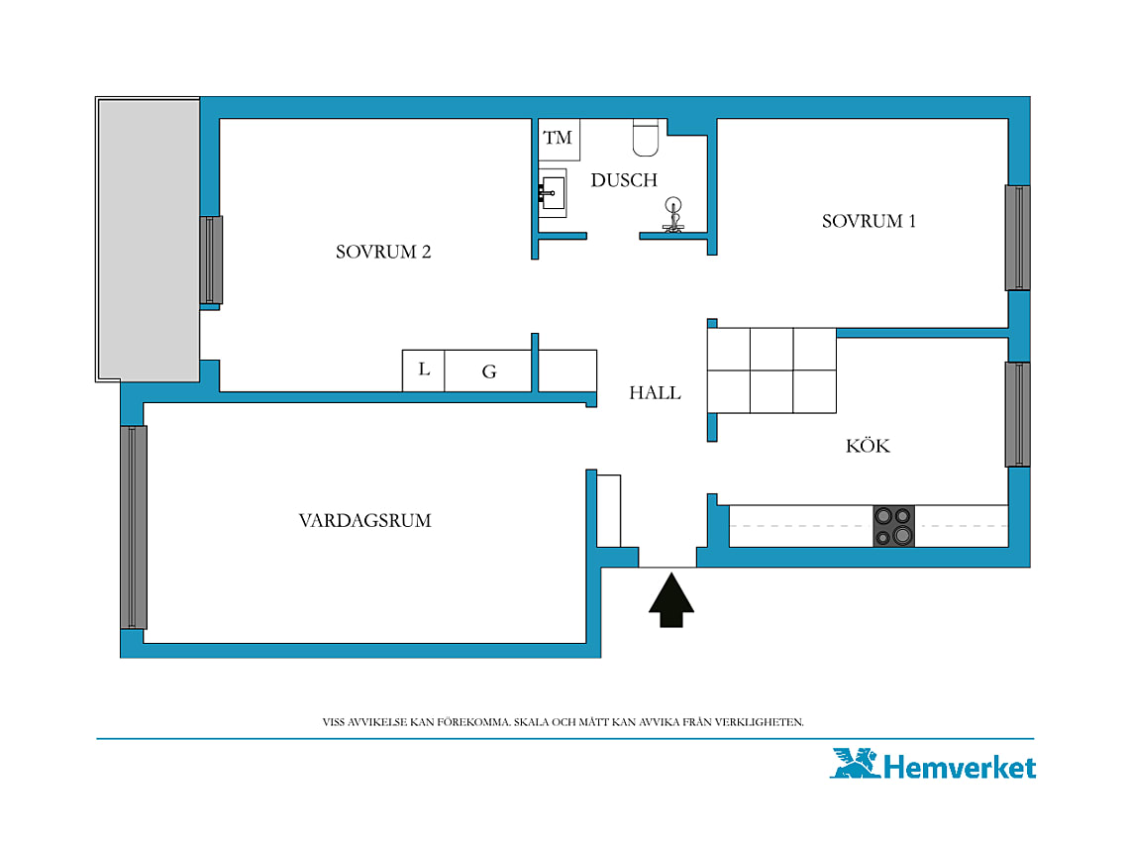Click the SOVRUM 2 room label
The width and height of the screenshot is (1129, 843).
click(383, 252)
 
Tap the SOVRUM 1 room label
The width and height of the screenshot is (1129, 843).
click(869, 221)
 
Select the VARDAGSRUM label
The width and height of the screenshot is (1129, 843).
click(365, 520)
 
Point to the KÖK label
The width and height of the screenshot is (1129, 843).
click(868, 446)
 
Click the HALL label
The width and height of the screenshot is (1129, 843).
click(655, 392)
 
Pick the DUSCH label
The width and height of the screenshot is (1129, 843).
click(624, 180)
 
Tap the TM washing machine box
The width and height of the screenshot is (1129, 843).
click(559, 139)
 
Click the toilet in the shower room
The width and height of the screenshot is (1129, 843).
click(646, 138)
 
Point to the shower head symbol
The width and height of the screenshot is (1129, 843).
click(673, 215)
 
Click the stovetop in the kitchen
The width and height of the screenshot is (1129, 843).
click(893, 525)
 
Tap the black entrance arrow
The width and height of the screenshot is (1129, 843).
click(671, 599)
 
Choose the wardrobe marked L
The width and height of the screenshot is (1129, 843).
click(424, 370)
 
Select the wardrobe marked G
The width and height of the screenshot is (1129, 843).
click(488, 370)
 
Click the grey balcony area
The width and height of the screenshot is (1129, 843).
click(149, 240)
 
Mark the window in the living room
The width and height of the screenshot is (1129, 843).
click(134, 527)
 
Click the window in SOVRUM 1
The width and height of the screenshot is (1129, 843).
click(1017, 238)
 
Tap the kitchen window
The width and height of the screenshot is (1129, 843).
click(1017, 414)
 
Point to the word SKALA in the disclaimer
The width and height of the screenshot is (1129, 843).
click(531, 722)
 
